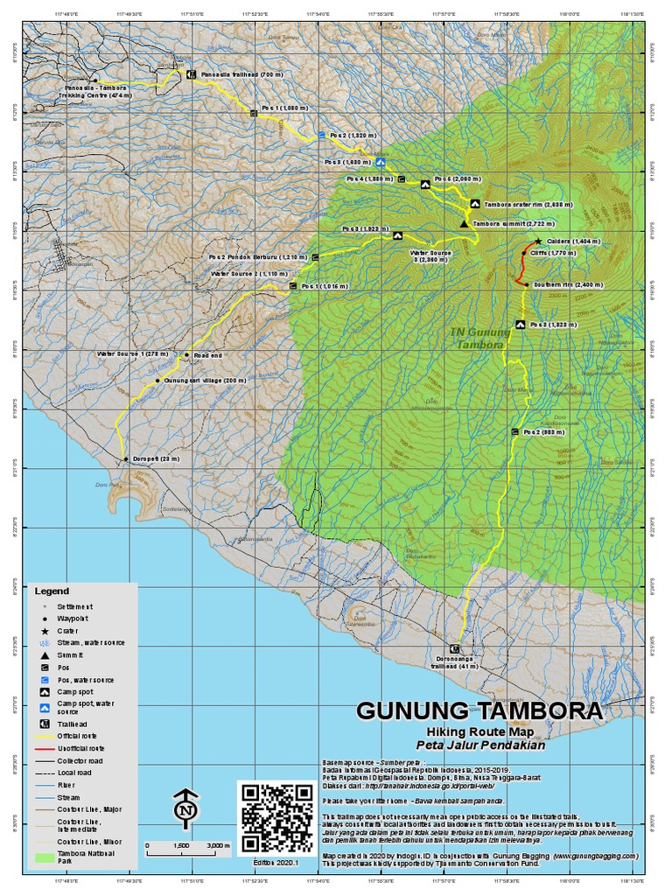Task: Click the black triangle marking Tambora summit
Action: click(465, 224)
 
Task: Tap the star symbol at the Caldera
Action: click(537, 241)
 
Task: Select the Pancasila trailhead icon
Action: click(190, 75)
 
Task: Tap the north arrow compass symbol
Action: click(185, 808)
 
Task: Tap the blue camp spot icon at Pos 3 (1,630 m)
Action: click(380, 162)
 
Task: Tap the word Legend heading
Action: click(52, 591)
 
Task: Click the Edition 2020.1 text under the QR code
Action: click(276, 863)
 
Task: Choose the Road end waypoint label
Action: click(208, 355)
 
